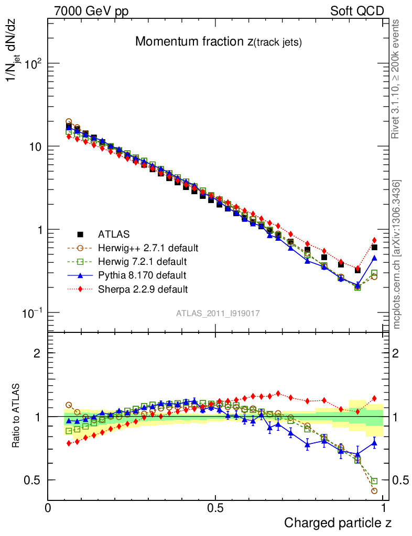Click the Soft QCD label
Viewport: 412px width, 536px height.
(357, 11)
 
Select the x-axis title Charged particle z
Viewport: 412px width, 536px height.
(338, 522)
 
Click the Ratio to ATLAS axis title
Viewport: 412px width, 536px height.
(17, 416)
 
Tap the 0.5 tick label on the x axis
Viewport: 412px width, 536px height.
(215, 507)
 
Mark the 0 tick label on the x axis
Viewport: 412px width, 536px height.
(48, 507)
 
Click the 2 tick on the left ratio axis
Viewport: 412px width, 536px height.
(37, 353)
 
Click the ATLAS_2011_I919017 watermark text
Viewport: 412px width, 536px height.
(218, 313)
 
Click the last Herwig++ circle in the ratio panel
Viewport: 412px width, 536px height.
(374, 490)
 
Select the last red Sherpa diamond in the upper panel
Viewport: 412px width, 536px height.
(374, 240)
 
